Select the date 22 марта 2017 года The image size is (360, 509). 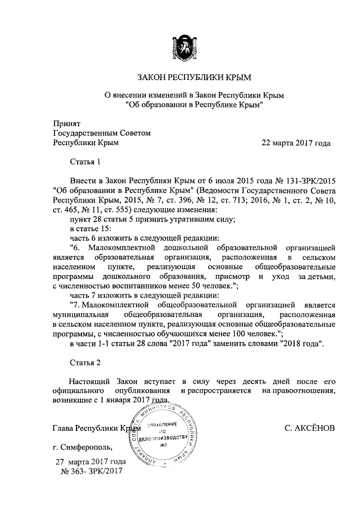(x=296, y=143)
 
